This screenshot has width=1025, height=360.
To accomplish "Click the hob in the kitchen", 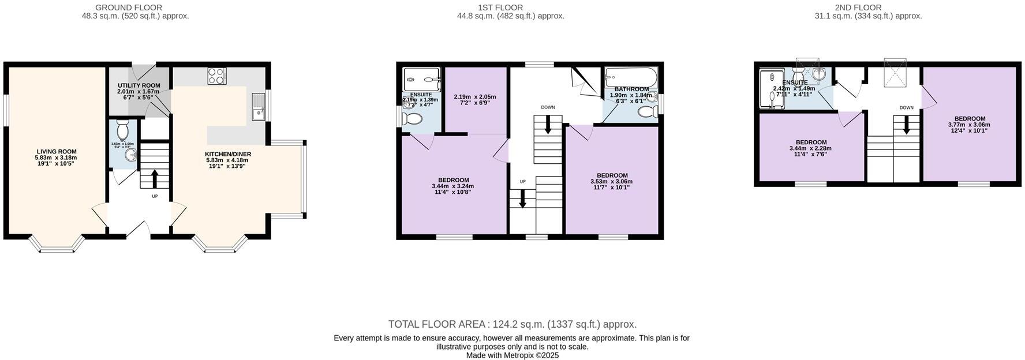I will click(217, 76).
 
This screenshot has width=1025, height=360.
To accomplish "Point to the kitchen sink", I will click(257, 106).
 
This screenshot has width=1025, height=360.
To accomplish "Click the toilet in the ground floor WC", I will click(122, 127).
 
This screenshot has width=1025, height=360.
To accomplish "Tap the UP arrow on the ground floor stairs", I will click(155, 178).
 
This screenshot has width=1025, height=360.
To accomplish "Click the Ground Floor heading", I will click(129, 7).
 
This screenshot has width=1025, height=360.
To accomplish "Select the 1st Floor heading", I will click(500, 7).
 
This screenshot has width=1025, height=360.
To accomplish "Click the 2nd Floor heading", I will click(858, 7).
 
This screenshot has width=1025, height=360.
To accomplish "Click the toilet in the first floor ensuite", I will click(412, 119).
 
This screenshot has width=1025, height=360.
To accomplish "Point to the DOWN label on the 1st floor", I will click(548, 107).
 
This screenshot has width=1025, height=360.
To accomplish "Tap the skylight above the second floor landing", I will click(895, 72).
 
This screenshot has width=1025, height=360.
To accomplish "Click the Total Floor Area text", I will click(512, 324).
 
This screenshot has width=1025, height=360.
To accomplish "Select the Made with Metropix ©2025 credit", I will click(512, 355).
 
